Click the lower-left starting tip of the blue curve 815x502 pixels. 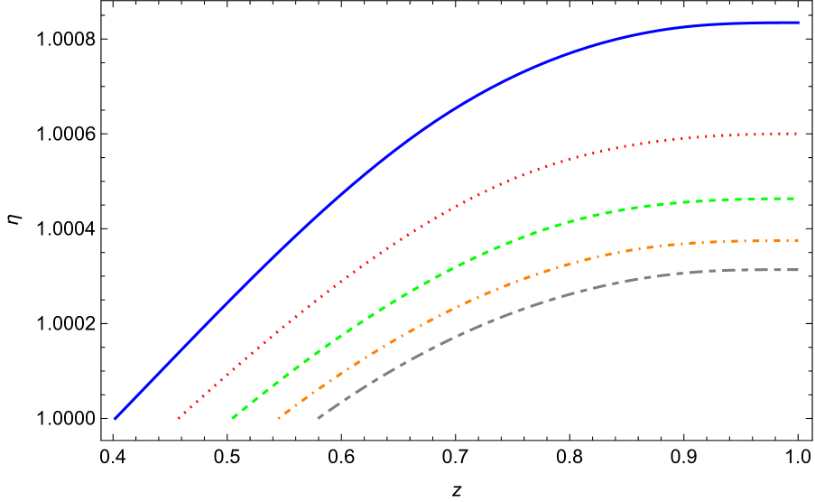tap(115, 419)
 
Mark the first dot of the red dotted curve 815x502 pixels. tap(179, 418)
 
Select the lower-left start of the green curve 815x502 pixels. tap(233, 418)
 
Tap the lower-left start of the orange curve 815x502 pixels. tap(279, 418)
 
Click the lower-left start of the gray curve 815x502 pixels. tap(319, 418)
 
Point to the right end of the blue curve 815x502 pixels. tap(798, 23)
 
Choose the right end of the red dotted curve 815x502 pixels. tap(797, 134)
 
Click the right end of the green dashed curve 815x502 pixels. tap(792, 199)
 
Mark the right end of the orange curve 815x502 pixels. tap(798, 241)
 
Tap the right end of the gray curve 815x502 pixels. tap(797, 270)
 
